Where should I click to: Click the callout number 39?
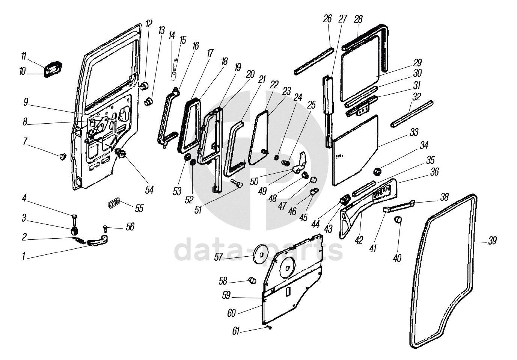pos(492,241)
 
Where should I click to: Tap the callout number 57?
pos(219,257)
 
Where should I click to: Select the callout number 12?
pos(149,24)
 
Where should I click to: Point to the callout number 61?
pos(236,331)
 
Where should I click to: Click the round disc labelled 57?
pos(259,254)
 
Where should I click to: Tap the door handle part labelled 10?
pos(53,71)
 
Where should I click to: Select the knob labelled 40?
pos(398,219)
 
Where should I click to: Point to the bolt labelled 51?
pos(238,185)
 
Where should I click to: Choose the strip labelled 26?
pos(314,60)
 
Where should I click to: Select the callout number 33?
pos(414,132)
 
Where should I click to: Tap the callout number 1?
pos(23,256)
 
